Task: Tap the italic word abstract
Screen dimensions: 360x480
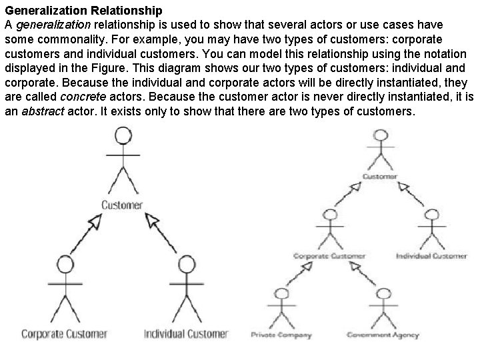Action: [x=43, y=112]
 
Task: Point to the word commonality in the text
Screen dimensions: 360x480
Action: [x=61, y=39]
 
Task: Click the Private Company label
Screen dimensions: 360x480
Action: [x=282, y=335]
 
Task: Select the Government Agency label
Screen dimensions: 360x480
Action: [x=383, y=335]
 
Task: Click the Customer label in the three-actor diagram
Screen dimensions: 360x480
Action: [x=122, y=205]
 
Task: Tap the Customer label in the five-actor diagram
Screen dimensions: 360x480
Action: [x=381, y=177]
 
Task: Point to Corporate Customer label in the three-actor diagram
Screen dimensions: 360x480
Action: [x=65, y=333]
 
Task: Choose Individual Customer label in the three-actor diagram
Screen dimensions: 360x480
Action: [x=187, y=333]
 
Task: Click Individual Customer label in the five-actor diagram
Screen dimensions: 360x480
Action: [x=431, y=256]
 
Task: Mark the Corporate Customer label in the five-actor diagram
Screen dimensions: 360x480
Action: [x=329, y=256]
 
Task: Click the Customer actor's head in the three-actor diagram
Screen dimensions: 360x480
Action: [x=122, y=136]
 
